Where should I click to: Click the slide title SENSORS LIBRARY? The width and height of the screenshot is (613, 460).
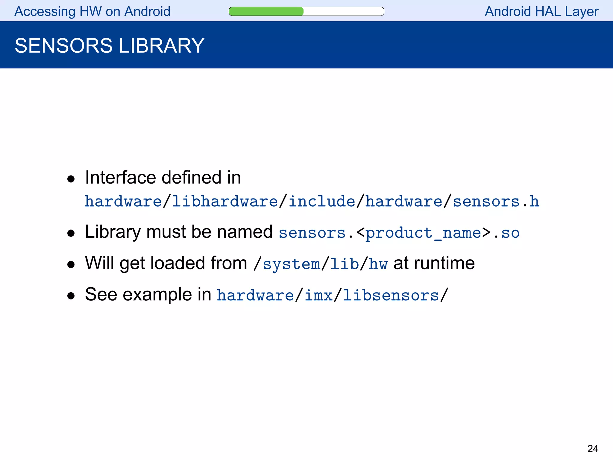(x=110, y=46)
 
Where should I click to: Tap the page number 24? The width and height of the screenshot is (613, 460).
(x=592, y=449)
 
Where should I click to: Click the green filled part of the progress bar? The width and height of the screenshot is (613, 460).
(x=266, y=11)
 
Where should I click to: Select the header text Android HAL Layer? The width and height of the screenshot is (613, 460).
(x=541, y=12)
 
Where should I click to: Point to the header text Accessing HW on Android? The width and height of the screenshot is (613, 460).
(x=92, y=12)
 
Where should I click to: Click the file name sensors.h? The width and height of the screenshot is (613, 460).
(x=496, y=201)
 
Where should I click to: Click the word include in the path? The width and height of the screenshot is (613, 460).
(x=322, y=201)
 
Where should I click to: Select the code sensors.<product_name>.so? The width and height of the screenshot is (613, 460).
(x=399, y=233)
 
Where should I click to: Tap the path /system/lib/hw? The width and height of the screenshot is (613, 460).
(x=321, y=264)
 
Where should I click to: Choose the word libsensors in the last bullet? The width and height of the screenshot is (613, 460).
(x=391, y=295)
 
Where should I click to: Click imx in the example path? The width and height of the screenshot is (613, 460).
(x=318, y=295)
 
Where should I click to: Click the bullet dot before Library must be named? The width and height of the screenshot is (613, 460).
(x=71, y=233)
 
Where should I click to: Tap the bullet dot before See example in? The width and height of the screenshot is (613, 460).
(x=71, y=296)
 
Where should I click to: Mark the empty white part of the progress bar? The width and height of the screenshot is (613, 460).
(x=344, y=11)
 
